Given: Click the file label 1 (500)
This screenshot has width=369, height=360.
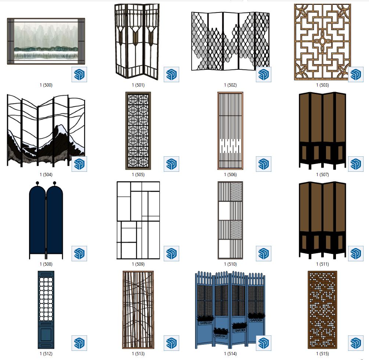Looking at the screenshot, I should [46, 85].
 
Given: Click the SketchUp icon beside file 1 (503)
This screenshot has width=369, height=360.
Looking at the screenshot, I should [355, 74].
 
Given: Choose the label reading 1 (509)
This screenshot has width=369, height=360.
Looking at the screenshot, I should [138, 264].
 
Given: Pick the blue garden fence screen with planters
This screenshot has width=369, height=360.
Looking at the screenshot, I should [230, 310].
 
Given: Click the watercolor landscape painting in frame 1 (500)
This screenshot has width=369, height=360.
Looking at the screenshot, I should [46, 41].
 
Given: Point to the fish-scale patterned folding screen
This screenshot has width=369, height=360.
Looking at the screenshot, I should [230, 41].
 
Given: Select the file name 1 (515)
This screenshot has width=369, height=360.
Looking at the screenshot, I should [322, 354].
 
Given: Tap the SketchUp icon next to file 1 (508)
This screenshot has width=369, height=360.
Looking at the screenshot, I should [79, 254].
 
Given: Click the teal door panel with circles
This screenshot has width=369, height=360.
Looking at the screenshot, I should [46, 310].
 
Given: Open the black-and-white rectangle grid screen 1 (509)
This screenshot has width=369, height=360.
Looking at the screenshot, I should [138, 220].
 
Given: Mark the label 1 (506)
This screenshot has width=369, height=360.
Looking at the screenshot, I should [230, 175].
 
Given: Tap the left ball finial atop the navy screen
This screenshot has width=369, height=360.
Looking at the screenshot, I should [37, 183].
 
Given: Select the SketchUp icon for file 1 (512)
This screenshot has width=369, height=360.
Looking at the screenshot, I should [79, 343].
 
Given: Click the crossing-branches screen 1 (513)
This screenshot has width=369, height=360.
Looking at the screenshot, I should [138, 310].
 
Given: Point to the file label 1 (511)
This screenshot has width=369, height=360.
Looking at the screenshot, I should [322, 264].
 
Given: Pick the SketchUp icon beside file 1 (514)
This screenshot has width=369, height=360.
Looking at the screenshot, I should [264, 343].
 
